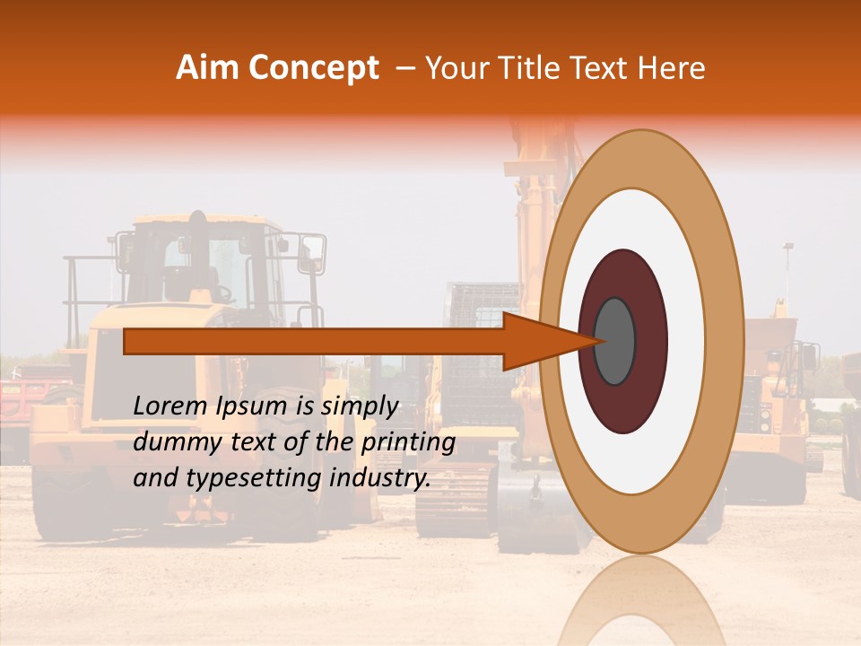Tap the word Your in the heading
(x=453, y=68)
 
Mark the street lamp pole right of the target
(x=787, y=269)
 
